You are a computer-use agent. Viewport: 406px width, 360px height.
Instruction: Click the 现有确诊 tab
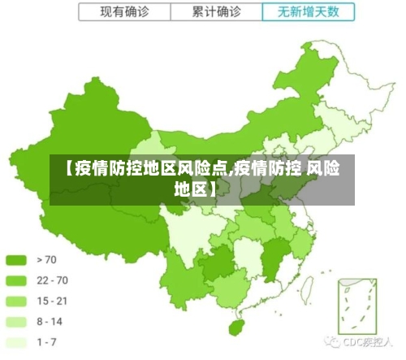(x=126, y=11)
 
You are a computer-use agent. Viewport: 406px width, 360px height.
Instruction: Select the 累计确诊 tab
(x=217, y=11)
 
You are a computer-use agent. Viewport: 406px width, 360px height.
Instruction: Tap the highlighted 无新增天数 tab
(x=309, y=11)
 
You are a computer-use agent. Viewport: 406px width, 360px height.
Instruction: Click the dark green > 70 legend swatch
(x=16, y=260)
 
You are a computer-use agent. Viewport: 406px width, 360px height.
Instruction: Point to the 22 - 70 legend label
(x=52, y=280)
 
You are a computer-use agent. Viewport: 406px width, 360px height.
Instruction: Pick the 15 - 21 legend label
(x=52, y=301)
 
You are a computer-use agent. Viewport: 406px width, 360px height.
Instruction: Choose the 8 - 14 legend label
(x=50, y=322)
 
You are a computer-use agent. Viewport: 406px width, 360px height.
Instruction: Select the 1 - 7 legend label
(x=47, y=342)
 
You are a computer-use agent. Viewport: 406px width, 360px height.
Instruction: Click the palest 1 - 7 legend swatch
(x=16, y=342)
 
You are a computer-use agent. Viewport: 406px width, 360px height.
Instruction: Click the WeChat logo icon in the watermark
(x=333, y=342)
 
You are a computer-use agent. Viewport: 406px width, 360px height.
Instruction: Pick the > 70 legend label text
(x=46, y=260)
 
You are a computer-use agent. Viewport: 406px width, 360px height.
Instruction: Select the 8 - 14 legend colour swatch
(x=16, y=322)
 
